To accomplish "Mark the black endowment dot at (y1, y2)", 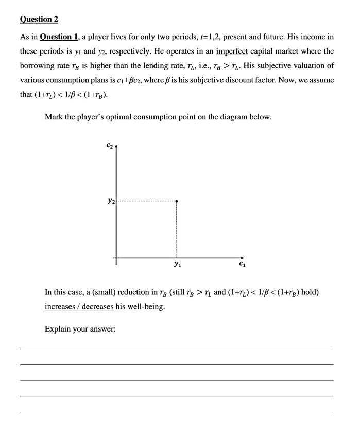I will click(x=177, y=201).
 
